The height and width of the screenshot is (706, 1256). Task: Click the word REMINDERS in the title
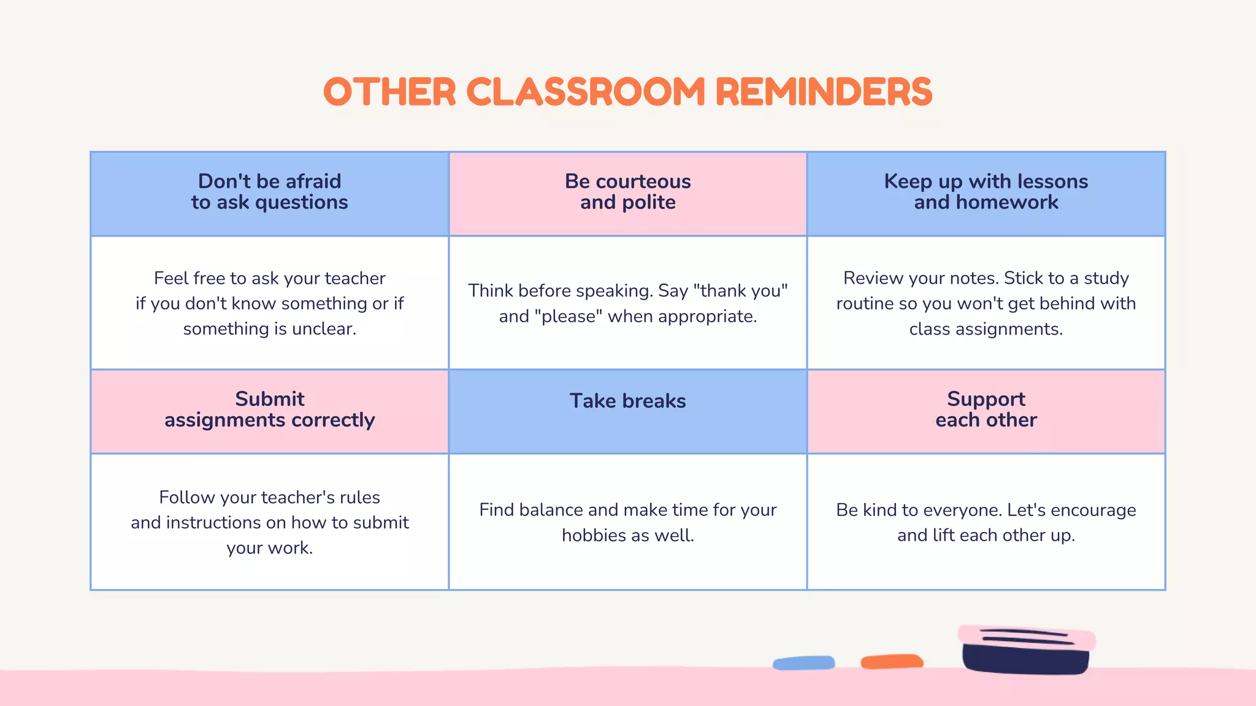pyautogui.click(x=823, y=92)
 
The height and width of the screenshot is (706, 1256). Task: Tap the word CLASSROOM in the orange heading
pyautogui.click(x=586, y=92)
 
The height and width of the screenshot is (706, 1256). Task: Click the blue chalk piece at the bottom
pyautogui.click(x=804, y=663)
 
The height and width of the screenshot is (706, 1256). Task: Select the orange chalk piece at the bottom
pyautogui.click(x=892, y=662)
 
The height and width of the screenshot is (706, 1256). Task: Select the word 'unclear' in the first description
pyautogui.click(x=324, y=329)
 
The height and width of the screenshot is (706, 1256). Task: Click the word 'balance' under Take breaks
pyautogui.click(x=551, y=511)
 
